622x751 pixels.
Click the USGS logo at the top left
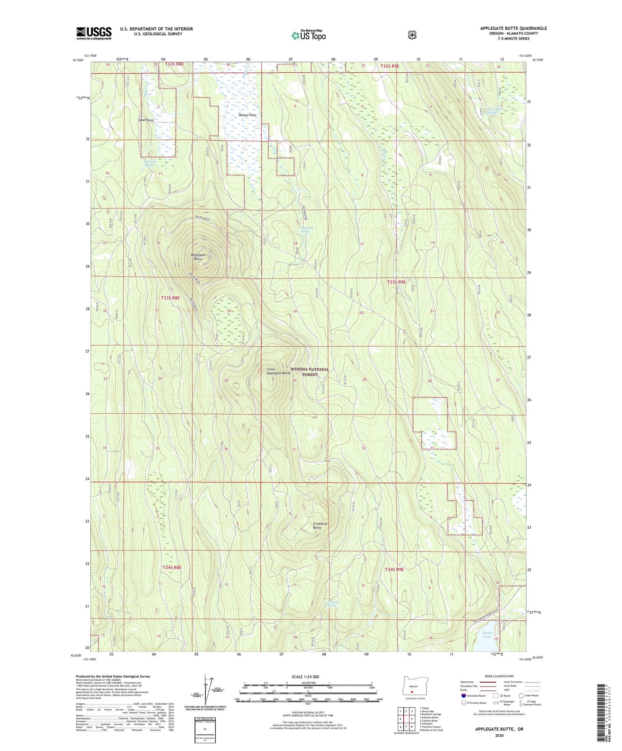[94, 33]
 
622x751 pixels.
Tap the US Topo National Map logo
[308, 35]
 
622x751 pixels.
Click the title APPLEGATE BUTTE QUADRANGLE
[513, 28]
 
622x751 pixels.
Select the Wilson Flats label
[248, 115]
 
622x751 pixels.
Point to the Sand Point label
[146, 120]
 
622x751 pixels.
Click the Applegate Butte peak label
[198, 257]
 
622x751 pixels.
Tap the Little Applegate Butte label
[278, 371]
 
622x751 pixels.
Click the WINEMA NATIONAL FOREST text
[309, 372]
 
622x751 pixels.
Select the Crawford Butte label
[320, 526]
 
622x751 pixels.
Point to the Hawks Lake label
[487, 634]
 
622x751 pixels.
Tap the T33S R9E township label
[396, 282]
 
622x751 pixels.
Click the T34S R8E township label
[172, 568]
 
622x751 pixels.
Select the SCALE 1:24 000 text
[305, 677]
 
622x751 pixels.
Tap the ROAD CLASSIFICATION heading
[499, 676]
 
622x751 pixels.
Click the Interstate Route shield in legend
[463, 696]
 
